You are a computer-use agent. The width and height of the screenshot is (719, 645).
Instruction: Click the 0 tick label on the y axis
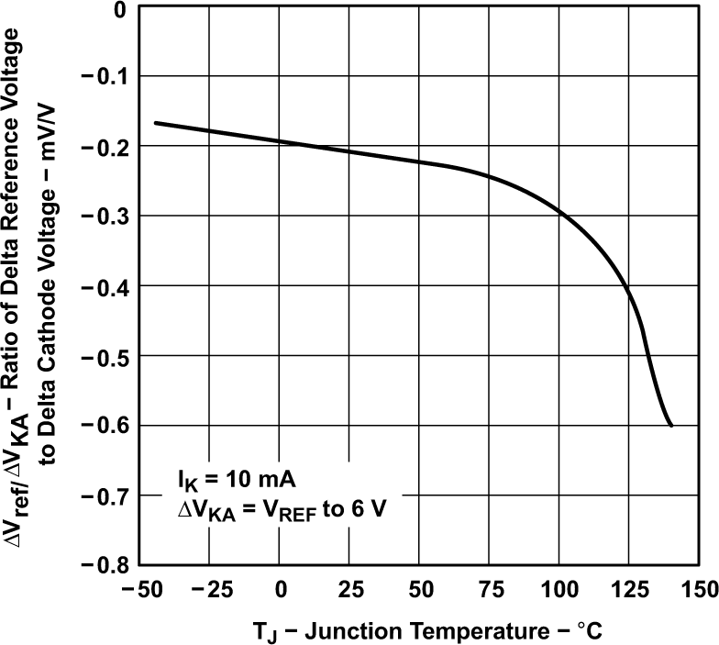[118, 11]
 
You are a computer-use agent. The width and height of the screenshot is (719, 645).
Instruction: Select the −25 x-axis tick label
[210, 587]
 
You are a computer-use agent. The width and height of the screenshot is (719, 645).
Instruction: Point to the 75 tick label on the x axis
[489, 587]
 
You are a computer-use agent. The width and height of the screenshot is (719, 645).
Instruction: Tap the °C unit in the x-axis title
[588, 631]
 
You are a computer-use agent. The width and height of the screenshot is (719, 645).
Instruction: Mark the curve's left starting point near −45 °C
[154, 122]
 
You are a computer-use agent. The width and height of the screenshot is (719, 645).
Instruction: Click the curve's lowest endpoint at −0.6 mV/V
[671, 425]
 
